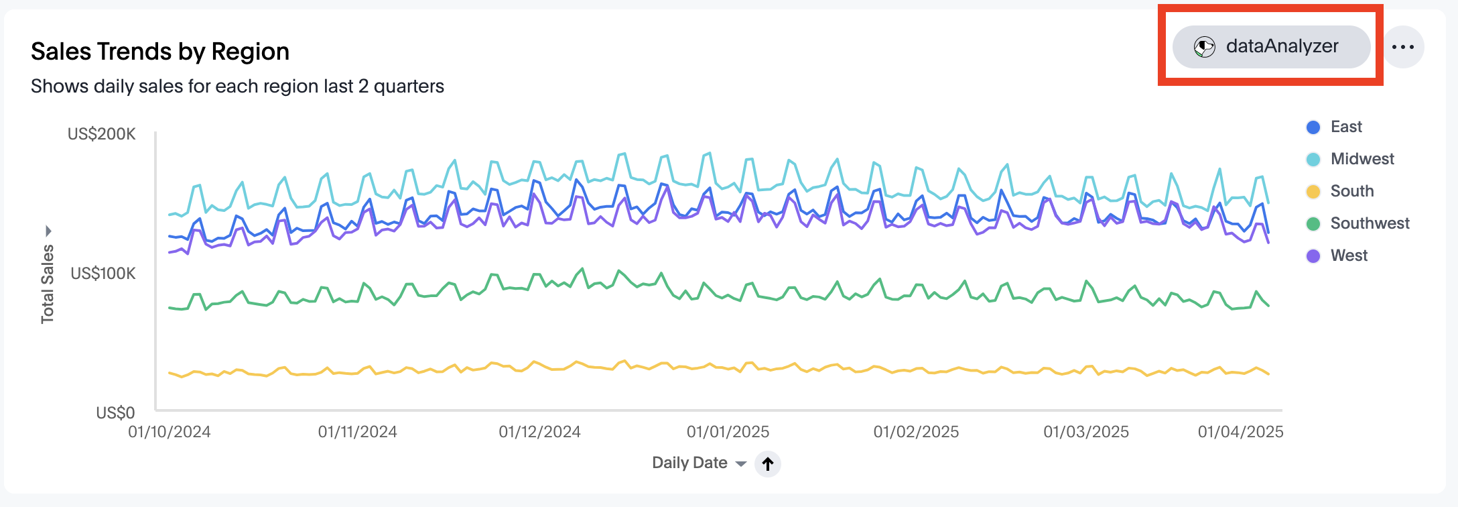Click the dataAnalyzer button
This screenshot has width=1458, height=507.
1270,47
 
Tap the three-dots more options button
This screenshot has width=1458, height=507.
1402,47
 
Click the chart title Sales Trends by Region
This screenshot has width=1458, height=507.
160,52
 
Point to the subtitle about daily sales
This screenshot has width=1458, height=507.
237,87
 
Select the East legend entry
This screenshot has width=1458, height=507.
1345,127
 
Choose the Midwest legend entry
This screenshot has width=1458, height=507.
1362,159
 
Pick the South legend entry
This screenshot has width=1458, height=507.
1351,191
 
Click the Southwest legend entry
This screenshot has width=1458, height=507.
1369,223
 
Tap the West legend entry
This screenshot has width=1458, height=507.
1348,256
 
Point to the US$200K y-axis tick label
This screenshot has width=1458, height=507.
102,134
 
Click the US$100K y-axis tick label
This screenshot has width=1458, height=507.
103,274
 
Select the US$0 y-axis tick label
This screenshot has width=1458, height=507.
115,412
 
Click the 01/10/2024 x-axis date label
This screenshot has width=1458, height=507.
170,432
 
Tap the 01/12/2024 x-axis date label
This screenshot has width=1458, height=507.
539,432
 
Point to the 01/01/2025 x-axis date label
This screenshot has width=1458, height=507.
728,432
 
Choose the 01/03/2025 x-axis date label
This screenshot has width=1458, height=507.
1086,432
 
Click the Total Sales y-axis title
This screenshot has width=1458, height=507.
47,284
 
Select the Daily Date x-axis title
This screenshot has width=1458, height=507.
689,463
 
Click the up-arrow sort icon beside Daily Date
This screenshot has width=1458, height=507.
768,463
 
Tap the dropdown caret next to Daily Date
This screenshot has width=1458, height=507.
740,464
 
